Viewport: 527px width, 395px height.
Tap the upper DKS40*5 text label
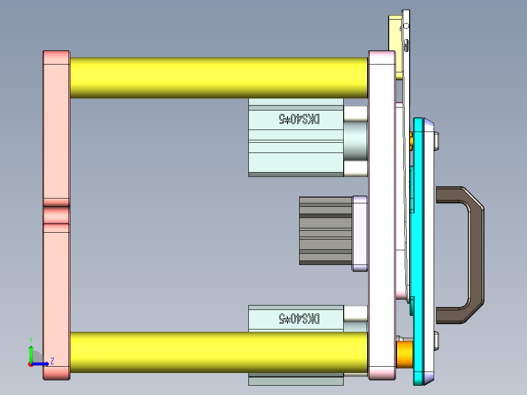pyautogui.click(x=299, y=119)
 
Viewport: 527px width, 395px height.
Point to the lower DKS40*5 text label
pyautogui.click(x=299, y=319)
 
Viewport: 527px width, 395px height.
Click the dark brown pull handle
pyautogui.click(x=475, y=254)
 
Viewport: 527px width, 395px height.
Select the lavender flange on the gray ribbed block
pyautogui.click(x=360, y=233)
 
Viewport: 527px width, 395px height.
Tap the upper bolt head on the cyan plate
pyautogui.click(x=437, y=141)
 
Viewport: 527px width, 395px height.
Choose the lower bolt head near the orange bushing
pyautogui.click(x=437, y=340)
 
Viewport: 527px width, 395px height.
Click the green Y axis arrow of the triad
pyautogui.click(x=31, y=351)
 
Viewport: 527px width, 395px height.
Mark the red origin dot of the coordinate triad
pyautogui.click(x=31, y=364)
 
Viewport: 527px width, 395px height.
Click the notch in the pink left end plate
pyautogui.click(x=56, y=215)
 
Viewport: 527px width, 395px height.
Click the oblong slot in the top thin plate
pyautogui.click(x=406, y=45)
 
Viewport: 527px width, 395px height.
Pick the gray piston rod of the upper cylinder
pyautogui.click(x=355, y=141)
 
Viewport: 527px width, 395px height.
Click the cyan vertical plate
pyautogui.click(x=421, y=244)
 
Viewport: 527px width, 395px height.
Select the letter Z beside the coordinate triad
pyautogui.click(x=52, y=361)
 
